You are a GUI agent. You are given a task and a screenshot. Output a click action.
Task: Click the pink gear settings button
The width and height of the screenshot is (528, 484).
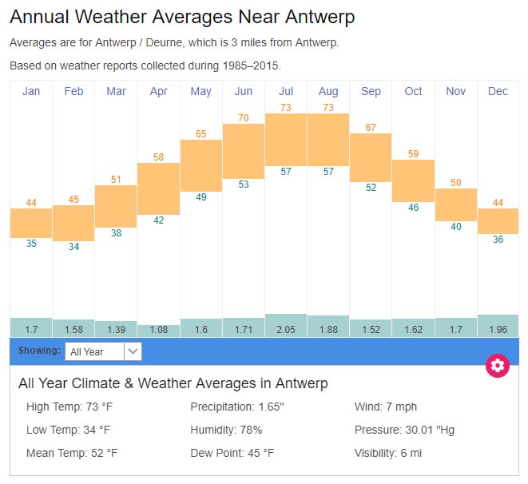pos(498,366)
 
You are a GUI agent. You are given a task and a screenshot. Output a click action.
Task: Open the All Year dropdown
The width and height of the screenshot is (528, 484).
pos(104,351)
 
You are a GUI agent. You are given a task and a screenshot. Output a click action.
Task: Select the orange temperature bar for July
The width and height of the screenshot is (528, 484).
pos(286,139)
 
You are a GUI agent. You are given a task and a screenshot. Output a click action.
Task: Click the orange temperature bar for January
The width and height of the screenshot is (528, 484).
pos(31,223)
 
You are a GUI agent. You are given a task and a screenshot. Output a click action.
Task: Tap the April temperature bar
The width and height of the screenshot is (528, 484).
pos(158,188)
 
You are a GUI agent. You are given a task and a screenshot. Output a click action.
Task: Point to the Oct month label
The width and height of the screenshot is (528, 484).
pos(413,91)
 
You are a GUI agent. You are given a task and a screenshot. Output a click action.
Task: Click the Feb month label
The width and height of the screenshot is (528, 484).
pos(73,91)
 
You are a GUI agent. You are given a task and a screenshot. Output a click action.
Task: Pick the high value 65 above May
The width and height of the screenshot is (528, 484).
pos(201,134)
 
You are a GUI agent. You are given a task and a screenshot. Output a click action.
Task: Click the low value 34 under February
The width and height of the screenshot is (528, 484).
pos(73,247)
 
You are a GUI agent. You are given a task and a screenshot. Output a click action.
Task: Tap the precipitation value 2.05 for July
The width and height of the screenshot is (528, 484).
pos(286,329)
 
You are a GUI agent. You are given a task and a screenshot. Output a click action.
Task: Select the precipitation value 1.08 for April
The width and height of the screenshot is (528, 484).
pos(158,330)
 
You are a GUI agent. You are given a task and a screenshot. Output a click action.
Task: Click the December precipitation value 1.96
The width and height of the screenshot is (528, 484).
pos(498,329)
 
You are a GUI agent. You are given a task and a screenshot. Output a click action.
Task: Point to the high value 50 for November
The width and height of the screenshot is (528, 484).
pos(455,183)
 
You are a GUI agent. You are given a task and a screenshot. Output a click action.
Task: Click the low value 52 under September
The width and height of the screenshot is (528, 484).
pos(371,188)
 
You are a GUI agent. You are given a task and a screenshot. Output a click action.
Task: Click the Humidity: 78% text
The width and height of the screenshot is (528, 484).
pos(226,430)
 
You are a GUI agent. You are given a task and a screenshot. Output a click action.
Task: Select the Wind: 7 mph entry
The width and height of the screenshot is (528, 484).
pos(386,407)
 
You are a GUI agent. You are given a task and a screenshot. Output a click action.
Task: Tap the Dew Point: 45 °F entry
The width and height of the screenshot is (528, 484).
pos(232,453)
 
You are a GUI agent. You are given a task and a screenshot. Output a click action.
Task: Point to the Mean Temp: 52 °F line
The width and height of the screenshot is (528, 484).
pos(72,453)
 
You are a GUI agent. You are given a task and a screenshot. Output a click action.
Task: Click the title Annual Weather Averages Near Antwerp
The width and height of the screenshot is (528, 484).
pos(182,17)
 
